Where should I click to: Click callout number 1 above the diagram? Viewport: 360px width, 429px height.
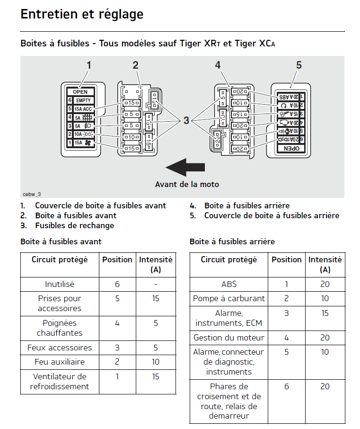tap(88, 65)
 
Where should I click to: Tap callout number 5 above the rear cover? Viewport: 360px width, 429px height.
tap(299, 65)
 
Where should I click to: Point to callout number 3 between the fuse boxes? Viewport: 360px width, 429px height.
tap(186, 121)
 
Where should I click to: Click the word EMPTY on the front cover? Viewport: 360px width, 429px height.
tap(83, 100)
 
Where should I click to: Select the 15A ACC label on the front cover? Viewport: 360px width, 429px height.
tap(83, 109)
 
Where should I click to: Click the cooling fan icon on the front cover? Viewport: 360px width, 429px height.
tap(88, 143)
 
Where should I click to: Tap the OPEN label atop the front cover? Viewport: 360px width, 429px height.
tap(80, 92)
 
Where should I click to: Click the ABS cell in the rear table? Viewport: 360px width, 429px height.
tap(229, 284)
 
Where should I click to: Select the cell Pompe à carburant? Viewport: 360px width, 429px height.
tap(229, 299)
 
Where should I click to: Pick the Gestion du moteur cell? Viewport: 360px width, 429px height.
tap(229, 338)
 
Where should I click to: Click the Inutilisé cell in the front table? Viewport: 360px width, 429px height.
tap(60, 284)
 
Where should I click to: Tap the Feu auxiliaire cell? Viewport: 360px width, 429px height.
tap(60, 362)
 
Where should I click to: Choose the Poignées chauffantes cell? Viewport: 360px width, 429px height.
tap(60, 328)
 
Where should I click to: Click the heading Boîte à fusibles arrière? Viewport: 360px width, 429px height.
tap(232, 241)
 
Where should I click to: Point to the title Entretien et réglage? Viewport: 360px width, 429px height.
tap(82, 14)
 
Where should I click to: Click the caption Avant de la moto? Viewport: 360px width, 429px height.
tap(187, 184)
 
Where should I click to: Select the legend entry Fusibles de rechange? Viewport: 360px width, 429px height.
tap(74, 225)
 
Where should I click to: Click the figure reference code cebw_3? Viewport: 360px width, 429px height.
tap(32, 194)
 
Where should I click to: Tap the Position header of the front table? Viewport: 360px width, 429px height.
tap(117, 259)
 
